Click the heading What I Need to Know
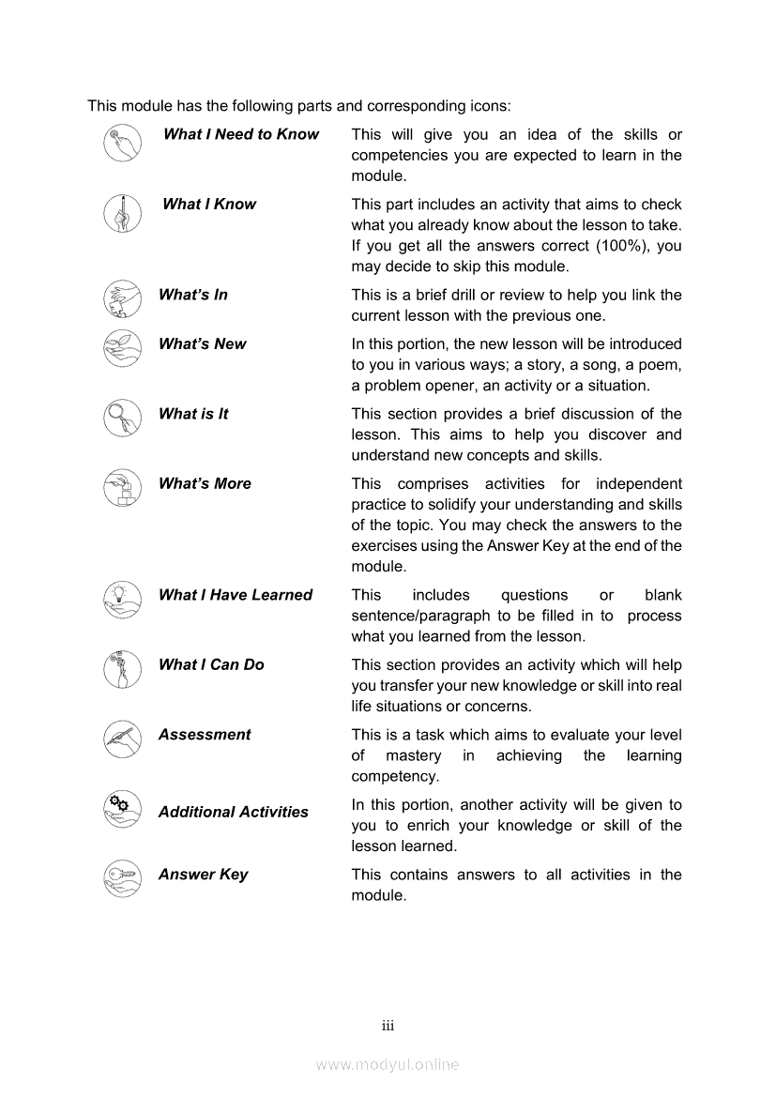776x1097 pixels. pyautogui.click(x=241, y=134)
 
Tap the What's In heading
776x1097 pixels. pyautogui.click(x=193, y=295)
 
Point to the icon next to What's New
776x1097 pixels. pyautogui.click(x=122, y=347)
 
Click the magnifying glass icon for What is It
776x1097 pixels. pyautogui.click(x=122, y=418)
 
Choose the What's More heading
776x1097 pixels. pyautogui.click(x=205, y=484)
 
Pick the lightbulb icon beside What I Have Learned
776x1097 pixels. pyautogui.click(x=122, y=599)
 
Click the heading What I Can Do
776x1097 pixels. pyautogui.click(x=211, y=664)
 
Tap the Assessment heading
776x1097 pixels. pyautogui.click(x=205, y=735)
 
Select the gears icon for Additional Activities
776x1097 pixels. pyautogui.click(x=122, y=808)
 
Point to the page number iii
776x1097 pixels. pyautogui.click(x=388, y=1026)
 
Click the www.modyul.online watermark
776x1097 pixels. pyautogui.click(x=388, y=1065)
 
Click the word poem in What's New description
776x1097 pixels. pyautogui.click(x=661, y=365)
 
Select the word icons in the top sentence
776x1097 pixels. pyautogui.click(x=485, y=106)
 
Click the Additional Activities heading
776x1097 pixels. pyautogui.click(x=233, y=813)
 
